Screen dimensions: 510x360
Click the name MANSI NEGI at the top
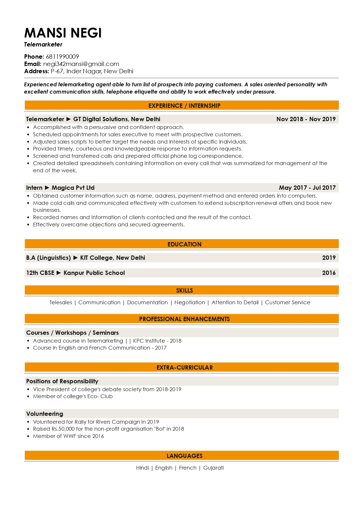(x=63, y=33)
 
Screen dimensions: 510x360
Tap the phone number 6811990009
(x=62, y=57)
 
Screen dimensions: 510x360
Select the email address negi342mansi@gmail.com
(x=81, y=64)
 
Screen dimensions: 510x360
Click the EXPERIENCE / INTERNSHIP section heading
(x=184, y=106)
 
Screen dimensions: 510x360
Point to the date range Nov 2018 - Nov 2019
(x=306, y=119)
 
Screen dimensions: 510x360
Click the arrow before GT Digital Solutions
(x=69, y=119)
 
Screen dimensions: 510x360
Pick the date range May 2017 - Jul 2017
(x=307, y=188)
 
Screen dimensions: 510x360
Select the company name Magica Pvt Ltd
(x=73, y=188)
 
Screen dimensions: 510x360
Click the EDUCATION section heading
(x=184, y=244)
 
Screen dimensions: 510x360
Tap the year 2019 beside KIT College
(x=329, y=258)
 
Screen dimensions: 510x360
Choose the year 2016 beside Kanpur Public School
(x=329, y=273)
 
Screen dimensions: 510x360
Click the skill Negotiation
(x=190, y=303)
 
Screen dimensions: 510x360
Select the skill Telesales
(x=61, y=303)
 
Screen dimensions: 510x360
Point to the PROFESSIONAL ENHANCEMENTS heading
(x=184, y=319)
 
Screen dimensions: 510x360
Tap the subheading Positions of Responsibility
(x=62, y=381)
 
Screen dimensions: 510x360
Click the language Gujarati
(x=213, y=468)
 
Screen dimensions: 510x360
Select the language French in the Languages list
(x=188, y=468)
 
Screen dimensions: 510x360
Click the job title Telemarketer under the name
(x=43, y=44)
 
